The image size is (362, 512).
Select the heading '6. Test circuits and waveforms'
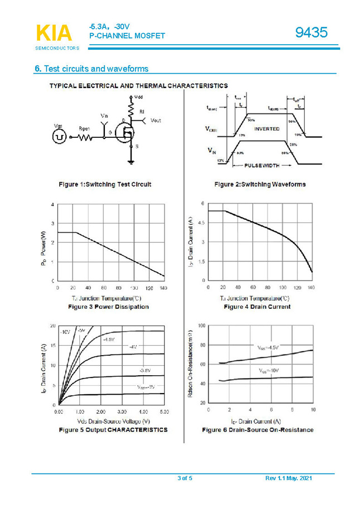tap(91, 69)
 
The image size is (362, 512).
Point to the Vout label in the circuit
tap(156, 121)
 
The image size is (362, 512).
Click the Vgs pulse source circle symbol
tap(59, 137)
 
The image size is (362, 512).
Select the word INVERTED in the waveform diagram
tap(267, 129)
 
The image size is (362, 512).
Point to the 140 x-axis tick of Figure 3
tap(163, 288)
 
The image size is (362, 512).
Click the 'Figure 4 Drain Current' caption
tap(257, 307)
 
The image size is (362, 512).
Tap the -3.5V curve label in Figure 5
tap(144, 370)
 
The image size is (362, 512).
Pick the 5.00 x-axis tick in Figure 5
tap(163, 411)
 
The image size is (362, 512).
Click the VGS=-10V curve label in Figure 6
tap(269, 370)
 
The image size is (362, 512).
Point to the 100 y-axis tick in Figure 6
tap(201, 325)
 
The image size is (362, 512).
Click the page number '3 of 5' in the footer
tap(185, 478)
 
